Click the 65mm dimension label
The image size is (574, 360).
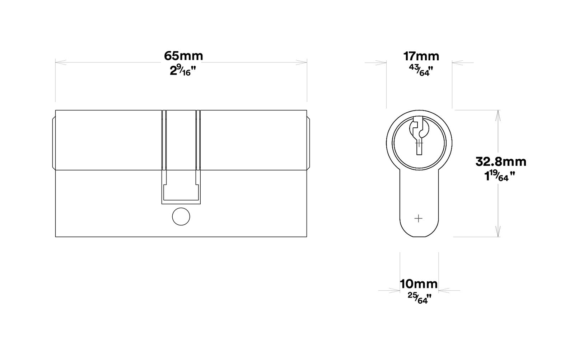(183, 56)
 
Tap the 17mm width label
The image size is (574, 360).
(421, 56)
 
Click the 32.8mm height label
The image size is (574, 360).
(501, 162)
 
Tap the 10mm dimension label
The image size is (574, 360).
(419, 284)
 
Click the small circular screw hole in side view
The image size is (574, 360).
(180, 216)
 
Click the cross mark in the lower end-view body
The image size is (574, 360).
(419, 218)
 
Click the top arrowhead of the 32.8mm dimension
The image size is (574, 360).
(497, 114)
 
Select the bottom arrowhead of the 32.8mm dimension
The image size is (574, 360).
(497, 232)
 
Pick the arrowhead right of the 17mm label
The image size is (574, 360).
(456, 63)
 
